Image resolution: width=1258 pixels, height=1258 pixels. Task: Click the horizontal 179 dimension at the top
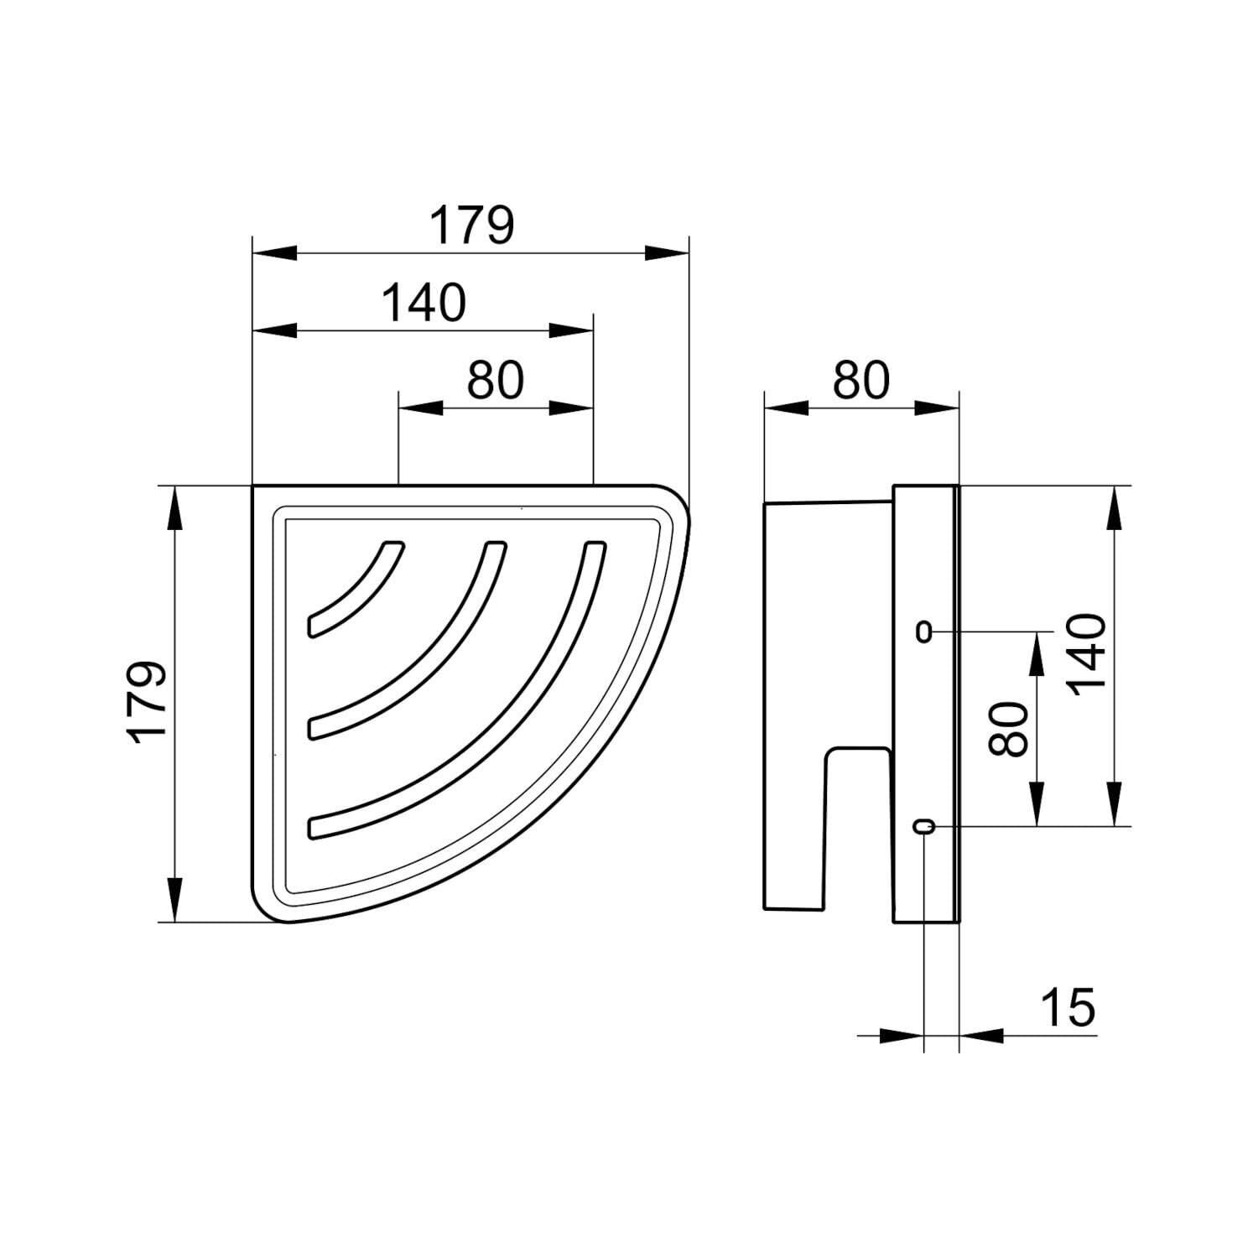point(471,225)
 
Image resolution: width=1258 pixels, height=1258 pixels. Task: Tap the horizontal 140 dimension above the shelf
point(424,303)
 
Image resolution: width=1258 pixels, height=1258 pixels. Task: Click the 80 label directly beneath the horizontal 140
point(496,380)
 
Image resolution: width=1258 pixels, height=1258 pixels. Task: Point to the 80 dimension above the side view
point(860,380)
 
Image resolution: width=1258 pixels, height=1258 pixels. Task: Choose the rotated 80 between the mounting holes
point(1008,729)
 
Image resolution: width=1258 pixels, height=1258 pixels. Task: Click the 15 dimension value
point(1068,1007)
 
